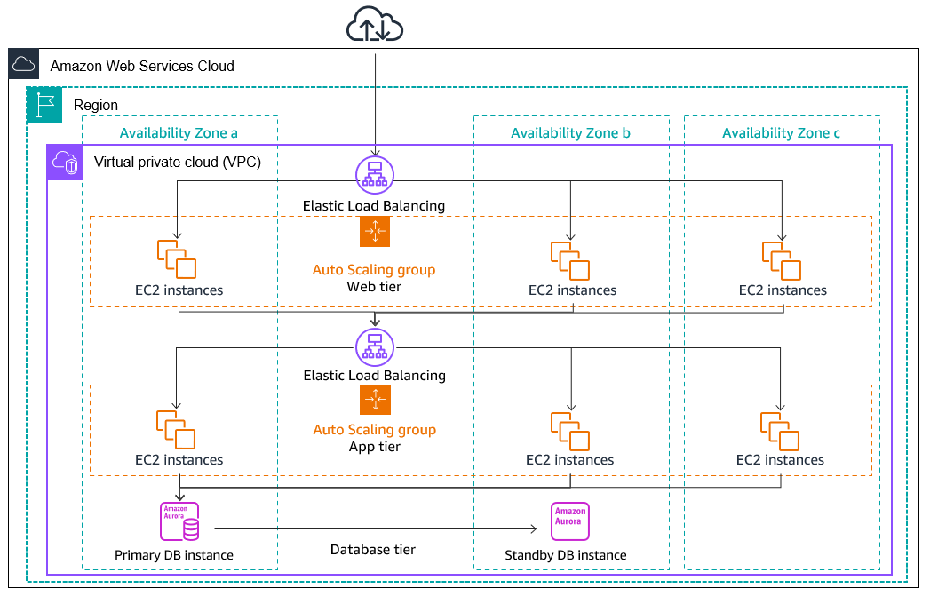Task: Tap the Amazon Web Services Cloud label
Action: (142, 66)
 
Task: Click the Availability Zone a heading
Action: (179, 133)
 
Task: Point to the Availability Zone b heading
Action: (570, 133)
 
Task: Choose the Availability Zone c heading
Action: (781, 133)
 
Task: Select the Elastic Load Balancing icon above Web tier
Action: (374, 173)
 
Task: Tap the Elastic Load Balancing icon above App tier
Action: (374, 345)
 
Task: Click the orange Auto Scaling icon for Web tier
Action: (375, 232)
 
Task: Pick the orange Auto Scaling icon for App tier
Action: (375, 400)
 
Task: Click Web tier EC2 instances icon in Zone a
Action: (177, 258)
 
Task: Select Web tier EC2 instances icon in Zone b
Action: (570, 260)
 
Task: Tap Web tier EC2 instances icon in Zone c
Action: (781, 260)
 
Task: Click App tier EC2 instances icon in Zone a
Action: (177, 429)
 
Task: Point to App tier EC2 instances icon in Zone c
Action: (779, 431)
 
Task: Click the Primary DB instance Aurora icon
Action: (179, 521)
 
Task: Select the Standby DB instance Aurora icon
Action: (570, 521)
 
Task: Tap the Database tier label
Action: (373, 550)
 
